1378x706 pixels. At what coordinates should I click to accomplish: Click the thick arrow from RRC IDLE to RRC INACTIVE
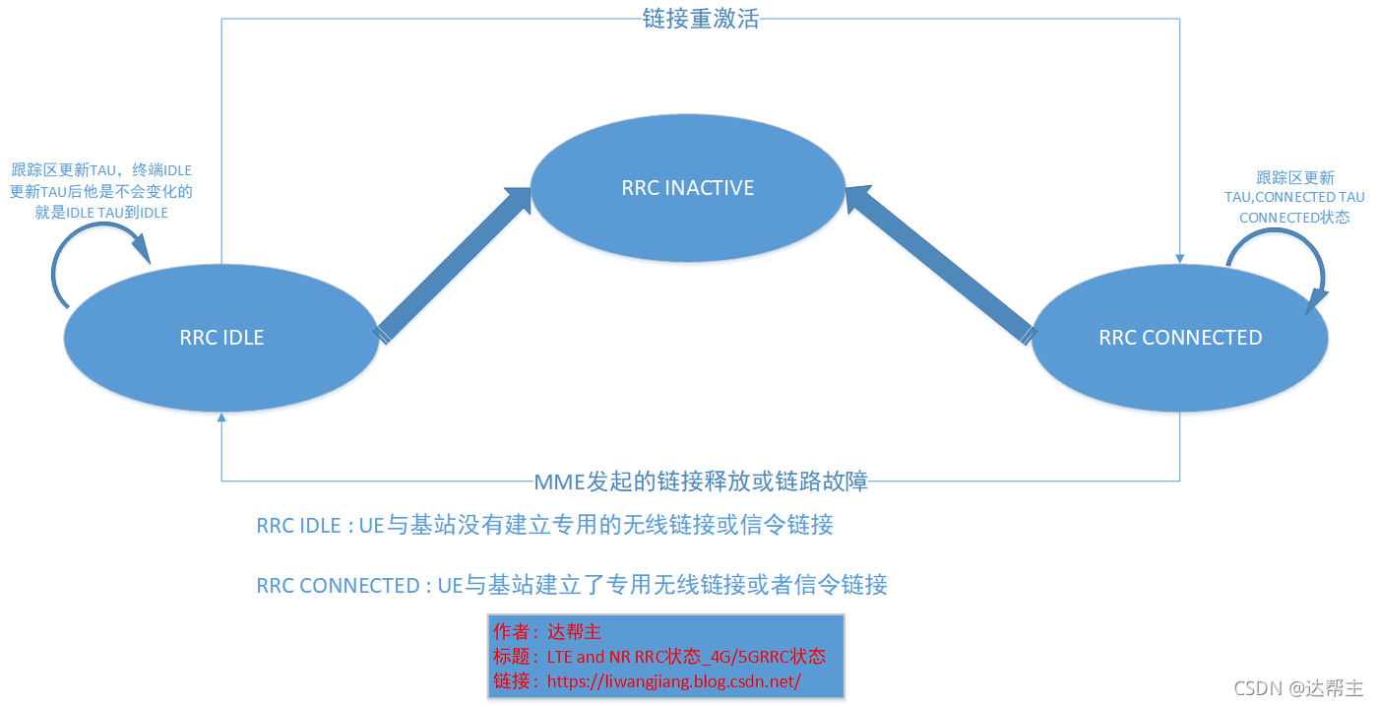454,262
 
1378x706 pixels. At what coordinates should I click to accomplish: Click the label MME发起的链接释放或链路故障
700,481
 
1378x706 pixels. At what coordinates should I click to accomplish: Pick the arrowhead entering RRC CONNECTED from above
1179,257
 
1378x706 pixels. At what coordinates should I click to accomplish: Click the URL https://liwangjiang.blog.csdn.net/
673,680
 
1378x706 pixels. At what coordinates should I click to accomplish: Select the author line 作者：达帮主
546,632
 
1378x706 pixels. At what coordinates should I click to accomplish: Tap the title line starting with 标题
658,657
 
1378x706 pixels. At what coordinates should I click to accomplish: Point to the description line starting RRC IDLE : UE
544,525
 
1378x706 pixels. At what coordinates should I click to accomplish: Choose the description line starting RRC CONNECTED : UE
571,585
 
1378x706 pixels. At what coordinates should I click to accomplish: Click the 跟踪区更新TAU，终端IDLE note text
101,170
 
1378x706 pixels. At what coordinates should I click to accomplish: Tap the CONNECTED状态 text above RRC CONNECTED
1294,217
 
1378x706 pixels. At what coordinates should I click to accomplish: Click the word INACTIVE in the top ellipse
710,187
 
